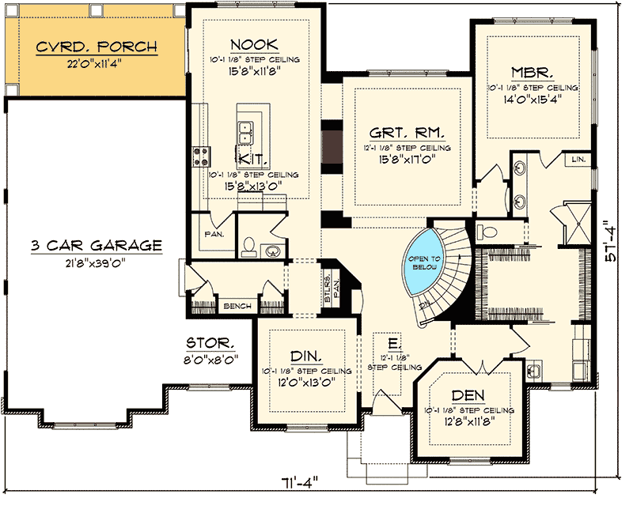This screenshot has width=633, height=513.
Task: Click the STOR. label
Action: pos(210,343)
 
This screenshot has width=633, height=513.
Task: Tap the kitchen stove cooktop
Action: pos(199,155)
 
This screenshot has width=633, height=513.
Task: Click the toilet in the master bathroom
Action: pos(485,232)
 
